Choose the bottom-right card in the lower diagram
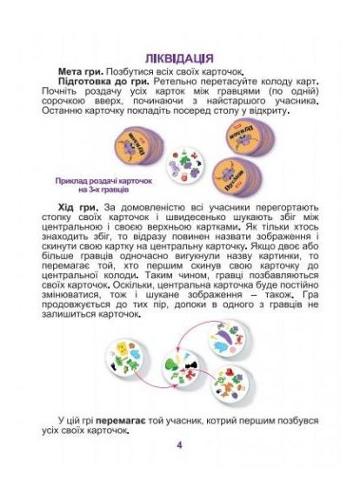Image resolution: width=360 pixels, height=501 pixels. (232, 379)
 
